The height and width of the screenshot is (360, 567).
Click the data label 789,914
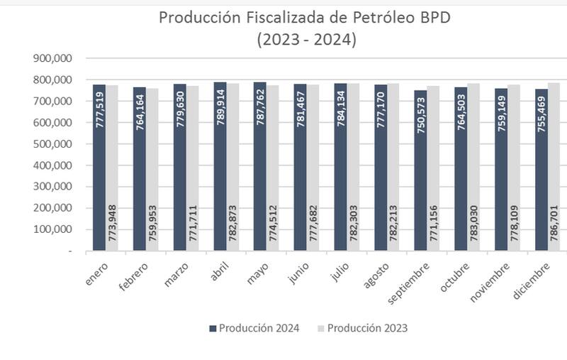220,108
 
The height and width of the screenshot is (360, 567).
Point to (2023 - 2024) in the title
306,40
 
